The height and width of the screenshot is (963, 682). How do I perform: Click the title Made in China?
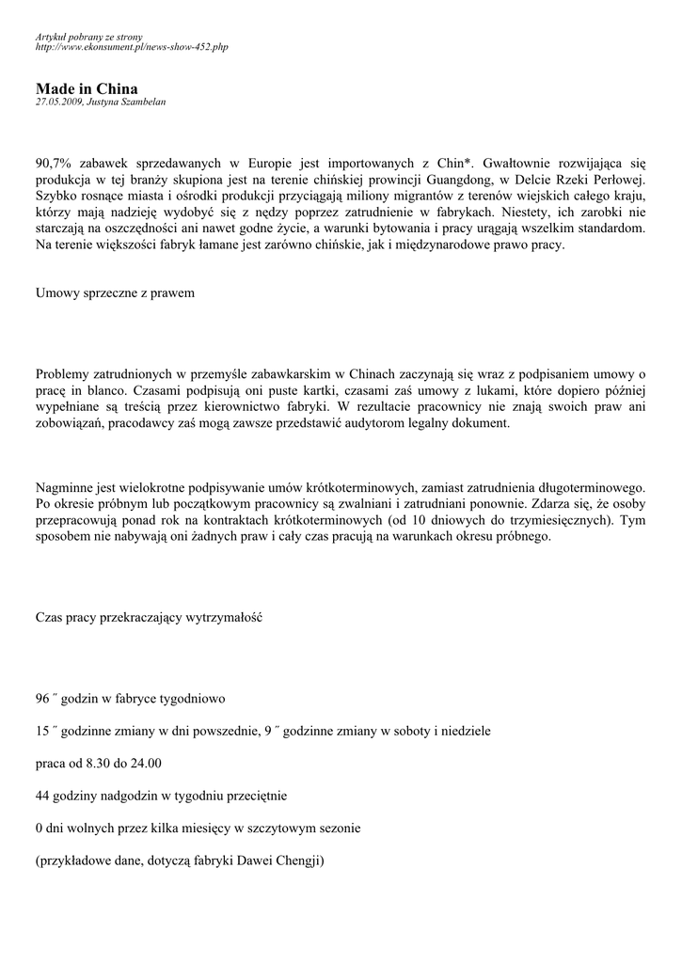87,88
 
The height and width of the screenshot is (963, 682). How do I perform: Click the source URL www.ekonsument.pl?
132,46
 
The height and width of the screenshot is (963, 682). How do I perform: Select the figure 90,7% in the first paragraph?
56,162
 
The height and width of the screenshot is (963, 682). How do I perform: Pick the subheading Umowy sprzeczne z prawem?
115,293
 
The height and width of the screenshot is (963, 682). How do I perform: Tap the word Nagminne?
66,487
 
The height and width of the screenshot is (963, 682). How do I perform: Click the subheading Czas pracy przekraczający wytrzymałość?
149,618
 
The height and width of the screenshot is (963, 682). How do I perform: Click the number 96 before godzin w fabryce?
42,700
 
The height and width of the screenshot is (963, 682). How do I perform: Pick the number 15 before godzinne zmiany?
42,731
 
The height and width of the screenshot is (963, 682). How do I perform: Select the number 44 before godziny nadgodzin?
42,796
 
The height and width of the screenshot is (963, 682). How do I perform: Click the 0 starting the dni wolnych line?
40,829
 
